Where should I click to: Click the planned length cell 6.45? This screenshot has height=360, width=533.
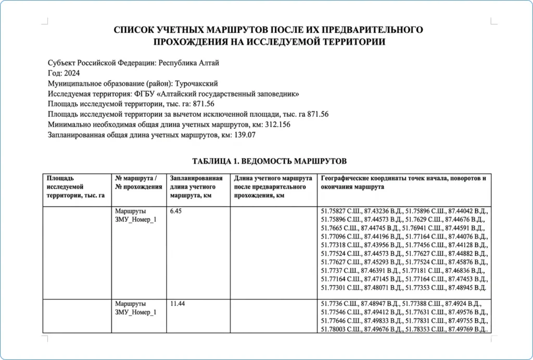click(x=177, y=212)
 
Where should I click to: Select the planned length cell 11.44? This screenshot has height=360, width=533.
click(x=179, y=303)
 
